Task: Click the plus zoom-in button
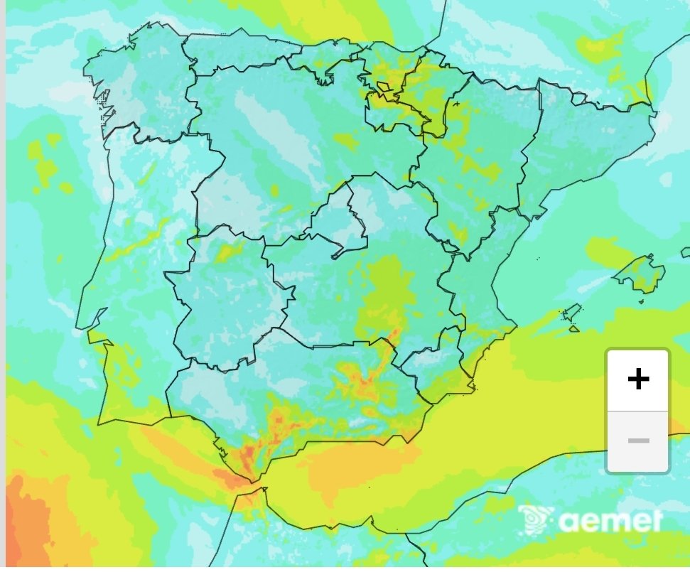click(x=638, y=379)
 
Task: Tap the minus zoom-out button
click(x=638, y=441)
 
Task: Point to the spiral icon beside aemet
click(x=535, y=520)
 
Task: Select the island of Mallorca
click(x=641, y=274)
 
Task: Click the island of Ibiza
click(x=570, y=313)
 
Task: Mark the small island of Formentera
click(x=574, y=328)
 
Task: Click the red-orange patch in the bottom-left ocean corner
click(x=28, y=526)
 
